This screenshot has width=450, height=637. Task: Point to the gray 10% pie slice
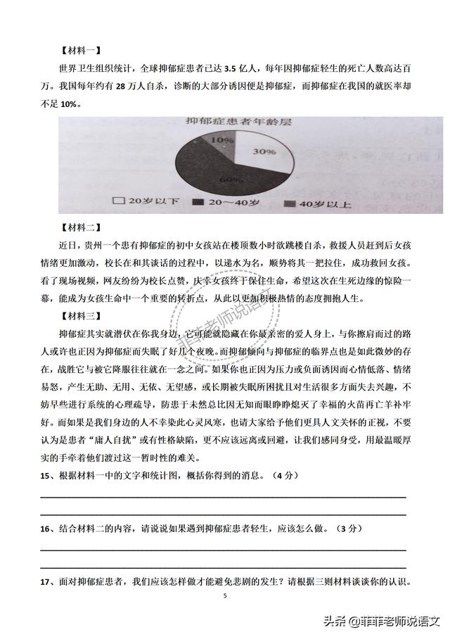pyautogui.click(x=224, y=140)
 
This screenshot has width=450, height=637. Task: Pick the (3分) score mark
pyautogui.click(x=349, y=528)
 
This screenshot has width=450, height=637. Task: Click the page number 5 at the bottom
pyautogui.click(x=225, y=596)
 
